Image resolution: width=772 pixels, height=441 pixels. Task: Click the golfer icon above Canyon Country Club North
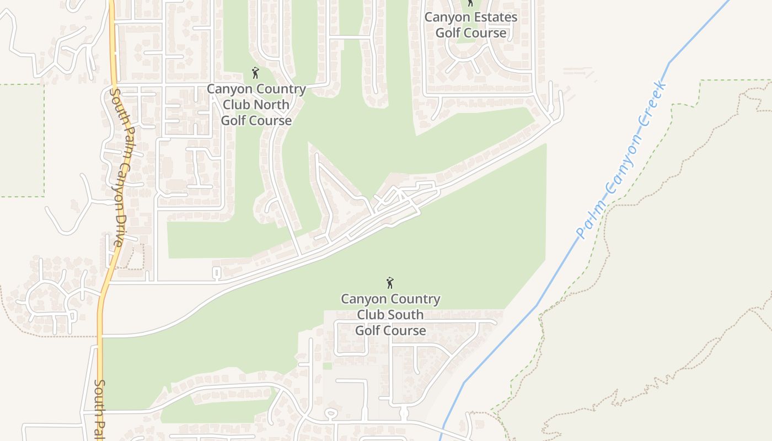click(x=255, y=73)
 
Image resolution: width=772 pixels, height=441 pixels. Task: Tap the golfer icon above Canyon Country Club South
click(x=390, y=283)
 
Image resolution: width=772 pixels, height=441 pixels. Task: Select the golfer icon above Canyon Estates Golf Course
click(x=470, y=3)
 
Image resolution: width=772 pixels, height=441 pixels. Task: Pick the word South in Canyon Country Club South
click(x=404, y=315)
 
